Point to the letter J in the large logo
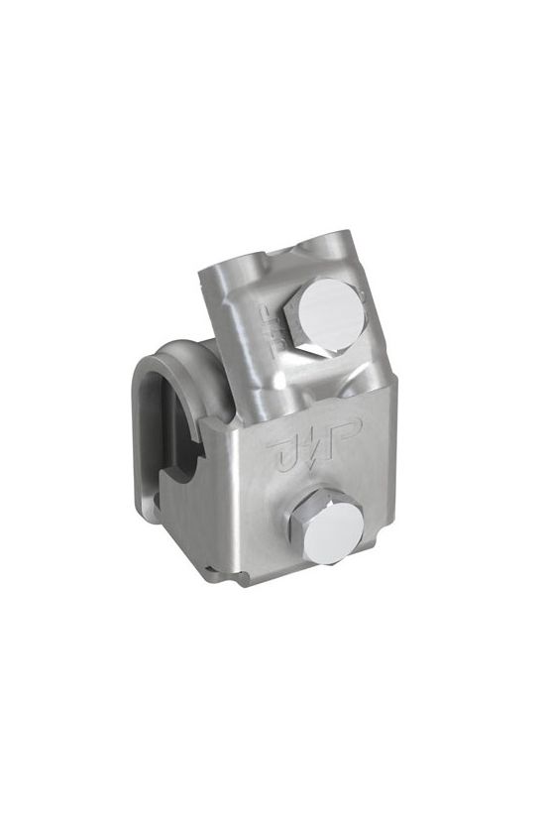click(284, 452)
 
